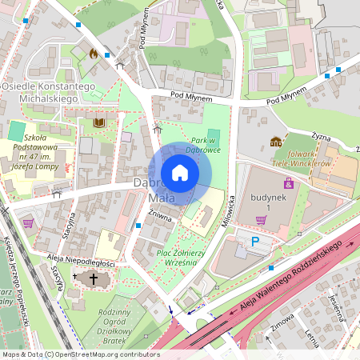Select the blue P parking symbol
[x=256, y=241]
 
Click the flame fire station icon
[x=94, y=54]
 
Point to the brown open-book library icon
[x=99, y=122]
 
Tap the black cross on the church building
[x=94, y=279]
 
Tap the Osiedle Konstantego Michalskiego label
[x=50, y=92]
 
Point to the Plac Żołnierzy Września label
[x=182, y=258]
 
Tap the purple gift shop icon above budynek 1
[x=288, y=184]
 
